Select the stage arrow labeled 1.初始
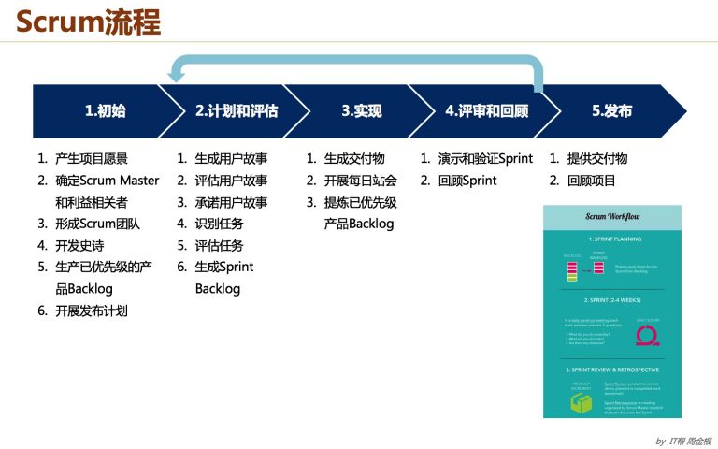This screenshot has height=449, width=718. click(x=103, y=111)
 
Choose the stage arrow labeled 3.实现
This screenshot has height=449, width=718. click(x=361, y=111)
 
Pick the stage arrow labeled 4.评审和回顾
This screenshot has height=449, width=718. click(x=486, y=111)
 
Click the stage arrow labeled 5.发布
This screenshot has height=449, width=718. click(x=612, y=111)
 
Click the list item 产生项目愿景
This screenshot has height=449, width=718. click(x=92, y=159)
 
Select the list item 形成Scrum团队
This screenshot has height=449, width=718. click(x=97, y=224)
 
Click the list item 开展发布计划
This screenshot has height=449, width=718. click(x=92, y=311)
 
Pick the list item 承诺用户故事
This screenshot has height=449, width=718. click(x=231, y=202)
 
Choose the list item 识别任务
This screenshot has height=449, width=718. click(x=219, y=224)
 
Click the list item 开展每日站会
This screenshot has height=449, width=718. click(x=360, y=181)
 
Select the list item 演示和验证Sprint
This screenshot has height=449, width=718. click(x=485, y=159)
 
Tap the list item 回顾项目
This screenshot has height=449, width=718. click(x=591, y=181)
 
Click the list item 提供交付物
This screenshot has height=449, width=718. click(x=596, y=159)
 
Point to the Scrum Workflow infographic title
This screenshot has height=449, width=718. click(x=612, y=216)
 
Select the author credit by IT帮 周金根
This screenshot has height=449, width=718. click(x=682, y=440)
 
